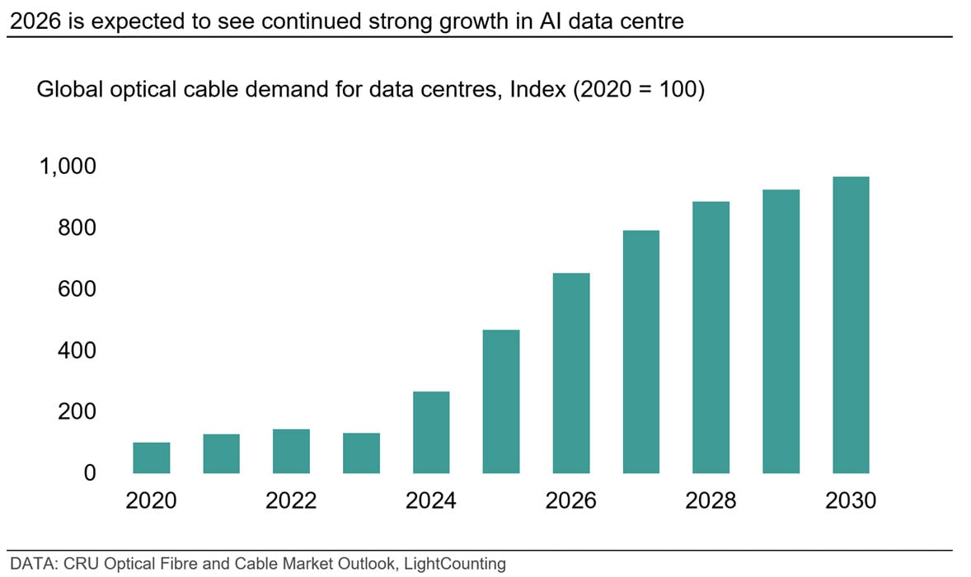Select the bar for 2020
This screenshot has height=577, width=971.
(152, 457)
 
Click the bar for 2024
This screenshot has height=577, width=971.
(431, 432)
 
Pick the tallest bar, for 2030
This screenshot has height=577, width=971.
(851, 325)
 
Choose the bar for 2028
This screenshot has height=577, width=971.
(711, 337)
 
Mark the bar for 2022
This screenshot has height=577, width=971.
(291, 451)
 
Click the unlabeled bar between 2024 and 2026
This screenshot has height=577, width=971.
(501, 401)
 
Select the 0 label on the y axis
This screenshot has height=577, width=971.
(90, 473)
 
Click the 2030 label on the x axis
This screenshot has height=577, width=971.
(851, 500)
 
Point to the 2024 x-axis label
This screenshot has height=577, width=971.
(431, 500)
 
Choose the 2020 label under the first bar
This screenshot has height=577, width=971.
(152, 500)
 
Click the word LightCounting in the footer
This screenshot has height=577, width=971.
(458, 564)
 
